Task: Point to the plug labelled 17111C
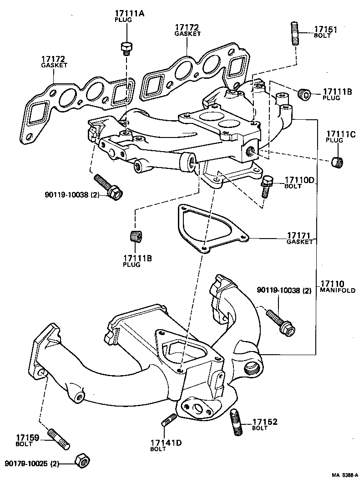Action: (337, 161)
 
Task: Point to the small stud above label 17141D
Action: (168, 420)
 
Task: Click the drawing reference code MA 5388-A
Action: (344, 475)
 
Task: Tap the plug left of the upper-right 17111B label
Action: (304, 94)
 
